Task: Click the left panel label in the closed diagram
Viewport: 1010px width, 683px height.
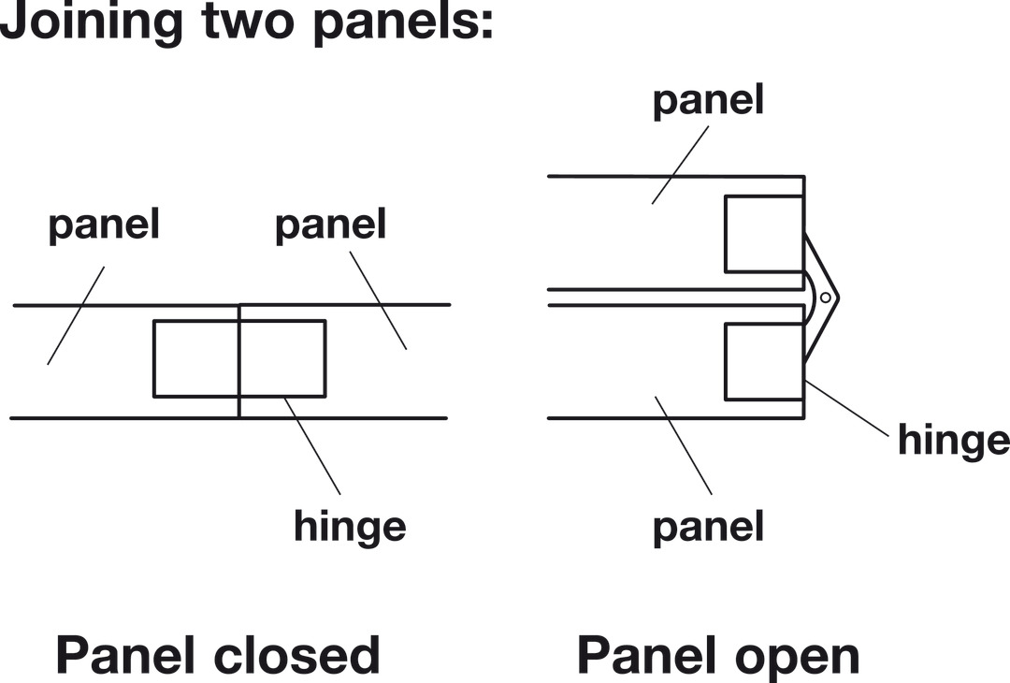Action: (104, 225)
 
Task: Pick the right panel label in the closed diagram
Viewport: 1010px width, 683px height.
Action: (330, 225)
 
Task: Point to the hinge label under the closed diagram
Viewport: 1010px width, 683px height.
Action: (350, 527)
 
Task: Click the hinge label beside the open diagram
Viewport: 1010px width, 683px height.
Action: (953, 439)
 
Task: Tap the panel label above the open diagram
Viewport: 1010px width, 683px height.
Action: (708, 100)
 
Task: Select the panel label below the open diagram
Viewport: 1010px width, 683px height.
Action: (708, 527)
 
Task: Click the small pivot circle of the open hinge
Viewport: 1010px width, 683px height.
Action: (825, 298)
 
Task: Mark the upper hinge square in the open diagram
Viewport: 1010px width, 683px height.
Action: (764, 234)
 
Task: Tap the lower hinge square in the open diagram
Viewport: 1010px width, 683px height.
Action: (764, 361)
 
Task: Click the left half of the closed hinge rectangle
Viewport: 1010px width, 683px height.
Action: (196, 358)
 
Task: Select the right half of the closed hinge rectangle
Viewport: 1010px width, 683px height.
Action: (282, 358)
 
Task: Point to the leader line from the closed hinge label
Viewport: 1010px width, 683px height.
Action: (312, 445)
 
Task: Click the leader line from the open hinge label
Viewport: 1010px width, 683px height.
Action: (845, 408)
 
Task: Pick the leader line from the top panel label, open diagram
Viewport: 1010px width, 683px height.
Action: (679, 165)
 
